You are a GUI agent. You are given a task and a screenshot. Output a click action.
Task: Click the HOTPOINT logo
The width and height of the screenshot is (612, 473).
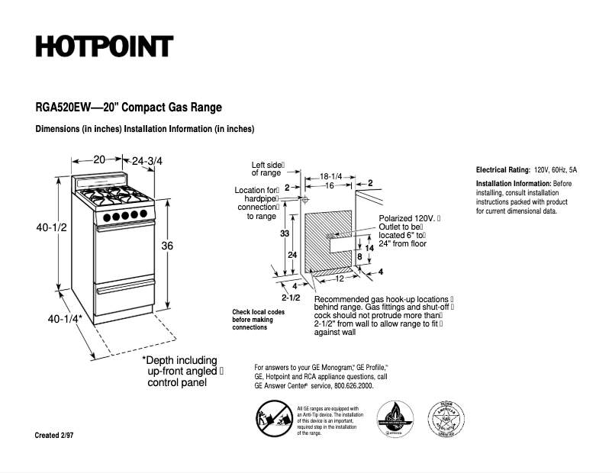point(104,47)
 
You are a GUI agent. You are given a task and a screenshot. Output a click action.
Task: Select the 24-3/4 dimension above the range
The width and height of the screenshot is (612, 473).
point(147,161)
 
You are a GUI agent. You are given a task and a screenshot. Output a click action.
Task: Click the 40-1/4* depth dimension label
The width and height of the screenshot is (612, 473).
point(65,318)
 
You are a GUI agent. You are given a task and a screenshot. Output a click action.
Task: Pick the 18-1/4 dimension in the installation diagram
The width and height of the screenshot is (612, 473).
point(330,175)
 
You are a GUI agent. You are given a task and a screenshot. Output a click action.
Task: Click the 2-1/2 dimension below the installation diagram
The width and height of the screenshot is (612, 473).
point(291,297)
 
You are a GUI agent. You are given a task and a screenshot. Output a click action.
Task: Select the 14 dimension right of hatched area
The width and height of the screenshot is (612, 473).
point(369,248)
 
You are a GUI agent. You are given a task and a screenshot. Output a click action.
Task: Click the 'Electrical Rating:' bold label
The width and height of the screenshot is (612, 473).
point(503,169)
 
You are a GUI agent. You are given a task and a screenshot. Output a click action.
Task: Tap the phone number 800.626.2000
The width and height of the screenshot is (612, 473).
point(353,386)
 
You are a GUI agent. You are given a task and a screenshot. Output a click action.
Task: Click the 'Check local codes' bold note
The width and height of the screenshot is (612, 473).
point(259,312)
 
